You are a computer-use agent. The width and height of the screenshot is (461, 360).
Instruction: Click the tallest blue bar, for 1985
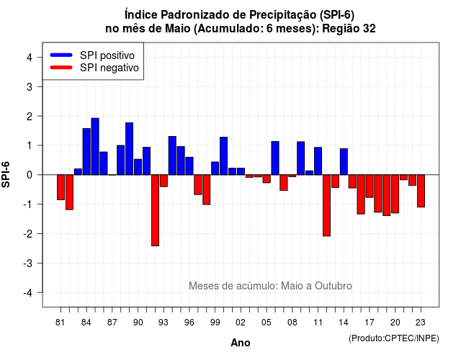click(95, 146)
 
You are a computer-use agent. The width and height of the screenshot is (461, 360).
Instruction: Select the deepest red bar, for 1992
click(156, 210)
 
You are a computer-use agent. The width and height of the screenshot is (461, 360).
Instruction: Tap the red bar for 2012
click(326, 205)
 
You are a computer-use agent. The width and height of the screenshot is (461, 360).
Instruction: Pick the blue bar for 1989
click(130, 149)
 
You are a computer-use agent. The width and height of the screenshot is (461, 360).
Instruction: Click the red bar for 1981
click(61, 187)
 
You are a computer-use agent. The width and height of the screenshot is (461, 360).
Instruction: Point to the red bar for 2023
click(421, 191)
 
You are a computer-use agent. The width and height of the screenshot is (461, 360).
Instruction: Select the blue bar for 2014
click(344, 161)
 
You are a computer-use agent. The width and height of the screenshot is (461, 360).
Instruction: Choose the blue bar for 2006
click(275, 158)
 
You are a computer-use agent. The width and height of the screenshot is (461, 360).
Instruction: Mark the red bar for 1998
click(207, 189)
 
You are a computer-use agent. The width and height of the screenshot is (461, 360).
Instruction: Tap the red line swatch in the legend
click(61, 68)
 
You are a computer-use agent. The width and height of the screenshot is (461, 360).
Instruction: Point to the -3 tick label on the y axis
click(29, 263)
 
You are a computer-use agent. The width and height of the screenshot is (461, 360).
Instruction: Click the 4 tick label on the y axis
click(30, 57)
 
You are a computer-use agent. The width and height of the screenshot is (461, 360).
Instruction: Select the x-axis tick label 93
click(164, 323)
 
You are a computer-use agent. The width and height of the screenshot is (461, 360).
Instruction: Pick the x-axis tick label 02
click(241, 323)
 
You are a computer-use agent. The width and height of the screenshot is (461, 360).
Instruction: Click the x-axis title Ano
click(241, 343)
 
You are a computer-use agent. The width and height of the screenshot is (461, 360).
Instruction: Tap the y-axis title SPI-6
click(6, 174)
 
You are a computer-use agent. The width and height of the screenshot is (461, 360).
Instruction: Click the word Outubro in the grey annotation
click(333, 286)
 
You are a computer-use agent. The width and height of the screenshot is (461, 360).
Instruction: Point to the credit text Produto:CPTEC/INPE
click(394, 338)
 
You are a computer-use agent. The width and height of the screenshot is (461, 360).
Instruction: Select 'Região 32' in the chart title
click(349, 29)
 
